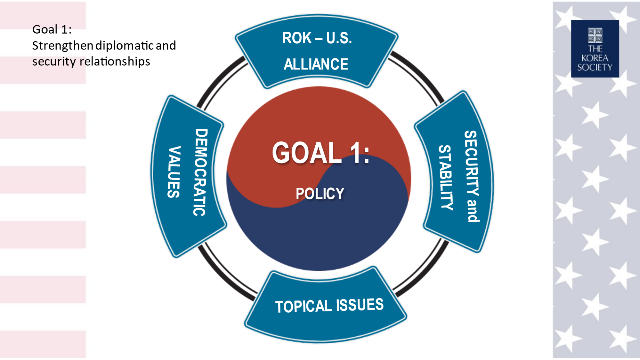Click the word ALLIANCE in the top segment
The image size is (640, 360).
tap(316, 64)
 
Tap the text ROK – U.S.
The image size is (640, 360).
tap(317, 38)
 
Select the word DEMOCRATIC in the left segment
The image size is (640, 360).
tap(201, 172)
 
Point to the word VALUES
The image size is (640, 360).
tap(174, 172)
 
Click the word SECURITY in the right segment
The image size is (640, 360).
tap(471, 163)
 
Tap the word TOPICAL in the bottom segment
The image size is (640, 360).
tap(304, 307)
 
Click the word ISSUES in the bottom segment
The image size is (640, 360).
tap(360, 305)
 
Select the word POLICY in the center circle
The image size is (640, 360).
tap(320, 194)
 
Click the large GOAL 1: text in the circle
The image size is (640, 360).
tap(321, 153)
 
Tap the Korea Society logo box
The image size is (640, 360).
tap(595, 49)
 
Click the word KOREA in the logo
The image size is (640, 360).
tap(595, 58)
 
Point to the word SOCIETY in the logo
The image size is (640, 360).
tap(595, 67)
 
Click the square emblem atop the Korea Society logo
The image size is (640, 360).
tap(595, 36)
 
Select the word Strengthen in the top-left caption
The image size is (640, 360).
tap(63, 46)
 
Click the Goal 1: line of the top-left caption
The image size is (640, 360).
tap(52, 29)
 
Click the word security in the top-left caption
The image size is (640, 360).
tap(54, 62)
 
